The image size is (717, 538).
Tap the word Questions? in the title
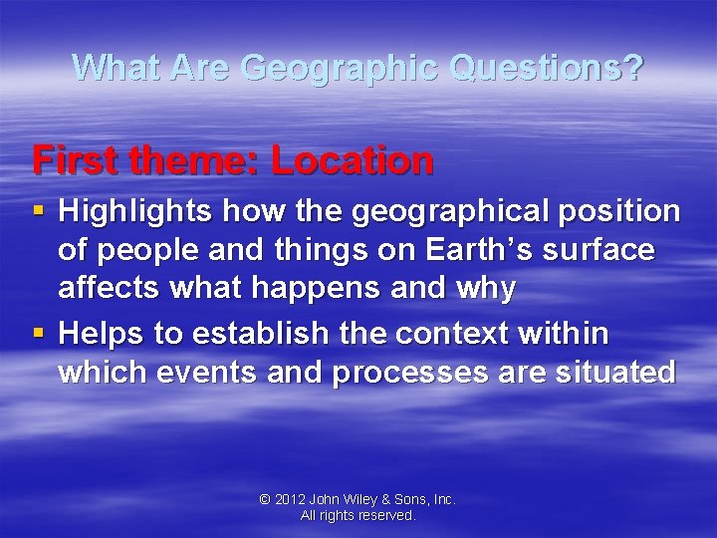[x=547, y=68]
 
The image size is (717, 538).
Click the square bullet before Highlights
[x=39, y=211]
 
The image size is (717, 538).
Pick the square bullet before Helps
[x=39, y=333]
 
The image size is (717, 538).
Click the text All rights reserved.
[x=358, y=516]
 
